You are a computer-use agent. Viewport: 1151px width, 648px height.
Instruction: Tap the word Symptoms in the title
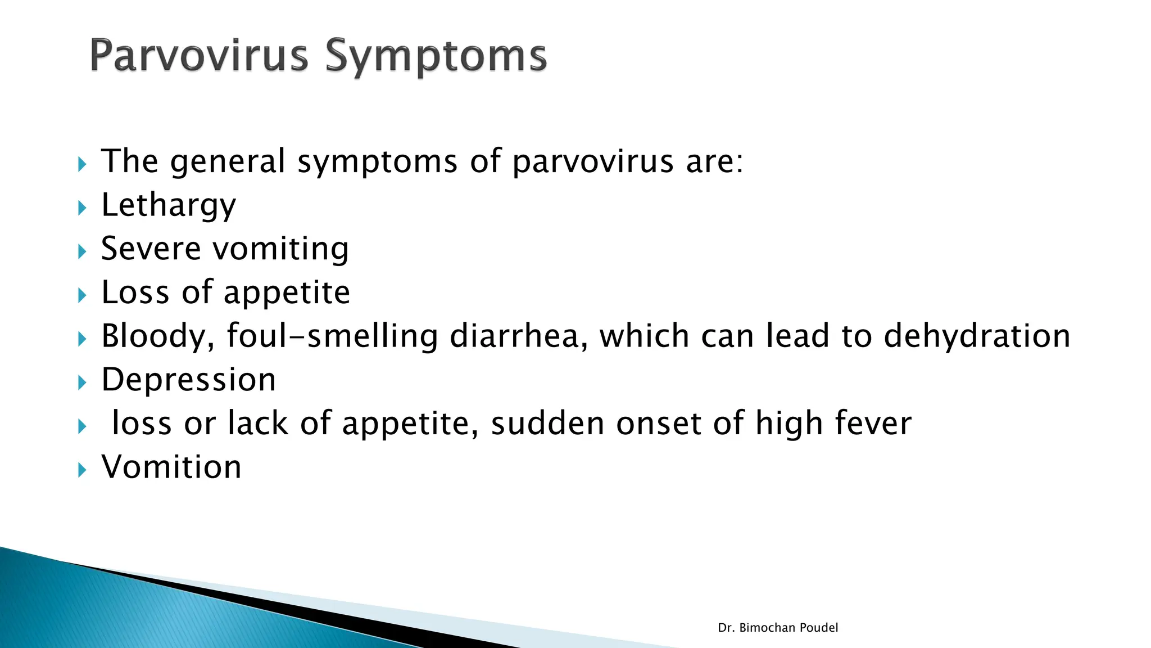pyautogui.click(x=436, y=57)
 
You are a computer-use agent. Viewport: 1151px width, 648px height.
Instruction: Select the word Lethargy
pyautogui.click(x=169, y=205)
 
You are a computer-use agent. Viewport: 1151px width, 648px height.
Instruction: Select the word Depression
pyautogui.click(x=189, y=379)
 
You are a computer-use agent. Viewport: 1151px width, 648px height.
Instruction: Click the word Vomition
pyautogui.click(x=171, y=467)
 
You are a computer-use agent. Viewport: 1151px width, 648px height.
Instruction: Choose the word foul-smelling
pyautogui.click(x=332, y=336)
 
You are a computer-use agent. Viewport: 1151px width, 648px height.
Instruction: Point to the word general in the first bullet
pyautogui.click(x=228, y=162)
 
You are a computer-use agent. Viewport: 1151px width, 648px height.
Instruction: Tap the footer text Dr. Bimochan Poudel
pyautogui.click(x=778, y=628)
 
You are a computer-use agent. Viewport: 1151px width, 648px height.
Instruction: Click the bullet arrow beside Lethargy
pyautogui.click(x=82, y=208)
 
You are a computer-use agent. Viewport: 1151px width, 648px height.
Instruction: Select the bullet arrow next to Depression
pyautogui.click(x=82, y=383)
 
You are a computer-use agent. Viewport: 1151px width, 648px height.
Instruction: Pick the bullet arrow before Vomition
pyautogui.click(x=82, y=470)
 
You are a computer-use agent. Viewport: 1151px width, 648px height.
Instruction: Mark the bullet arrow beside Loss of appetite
pyautogui.click(x=82, y=295)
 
